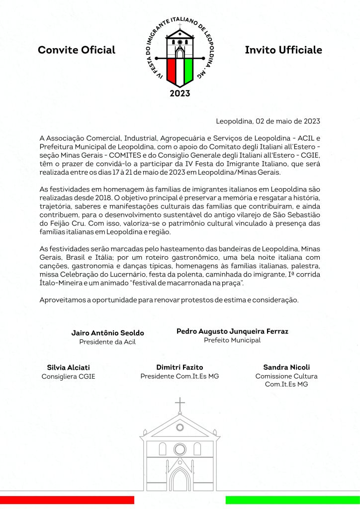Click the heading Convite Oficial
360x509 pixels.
pyautogui.click(x=77, y=50)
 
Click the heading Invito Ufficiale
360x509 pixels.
pyautogui.click(x=283, y=50)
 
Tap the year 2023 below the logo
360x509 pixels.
pyautogui.click(x=180, y=93)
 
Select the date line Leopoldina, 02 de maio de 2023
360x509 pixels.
pyautogui.click(x=268, y=121)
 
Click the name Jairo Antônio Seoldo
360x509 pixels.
pyautogui.click(x=107, y=332)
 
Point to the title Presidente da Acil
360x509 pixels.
pyautogui.click(x=107, y=342)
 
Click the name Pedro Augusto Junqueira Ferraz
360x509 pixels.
pyautogui.click(x=232, y=331)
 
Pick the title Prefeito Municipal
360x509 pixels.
pyautogui.click(x=232, y=340)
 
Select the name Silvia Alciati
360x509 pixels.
pyautogui.click(x=68, y=367)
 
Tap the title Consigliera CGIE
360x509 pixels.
pyautogui.click(x=68, y=377)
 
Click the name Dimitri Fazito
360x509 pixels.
pyautogui.click(x=180, y=367)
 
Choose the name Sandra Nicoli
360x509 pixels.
pyautogui.click(x=286, y=367)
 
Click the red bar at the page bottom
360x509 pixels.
pyautogui.click(x=67, y=500)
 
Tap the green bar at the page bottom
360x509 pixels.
pyautogui.click(x=292, y=500)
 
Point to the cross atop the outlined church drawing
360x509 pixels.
pyautogui.click(x=180, y=404)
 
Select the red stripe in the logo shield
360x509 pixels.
pyautogui.click(x=171, y=71)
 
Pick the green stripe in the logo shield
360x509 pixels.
pyautogui.click(x=189, y=71)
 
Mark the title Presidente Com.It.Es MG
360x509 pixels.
pyautogui.click(x=180, y=376)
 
